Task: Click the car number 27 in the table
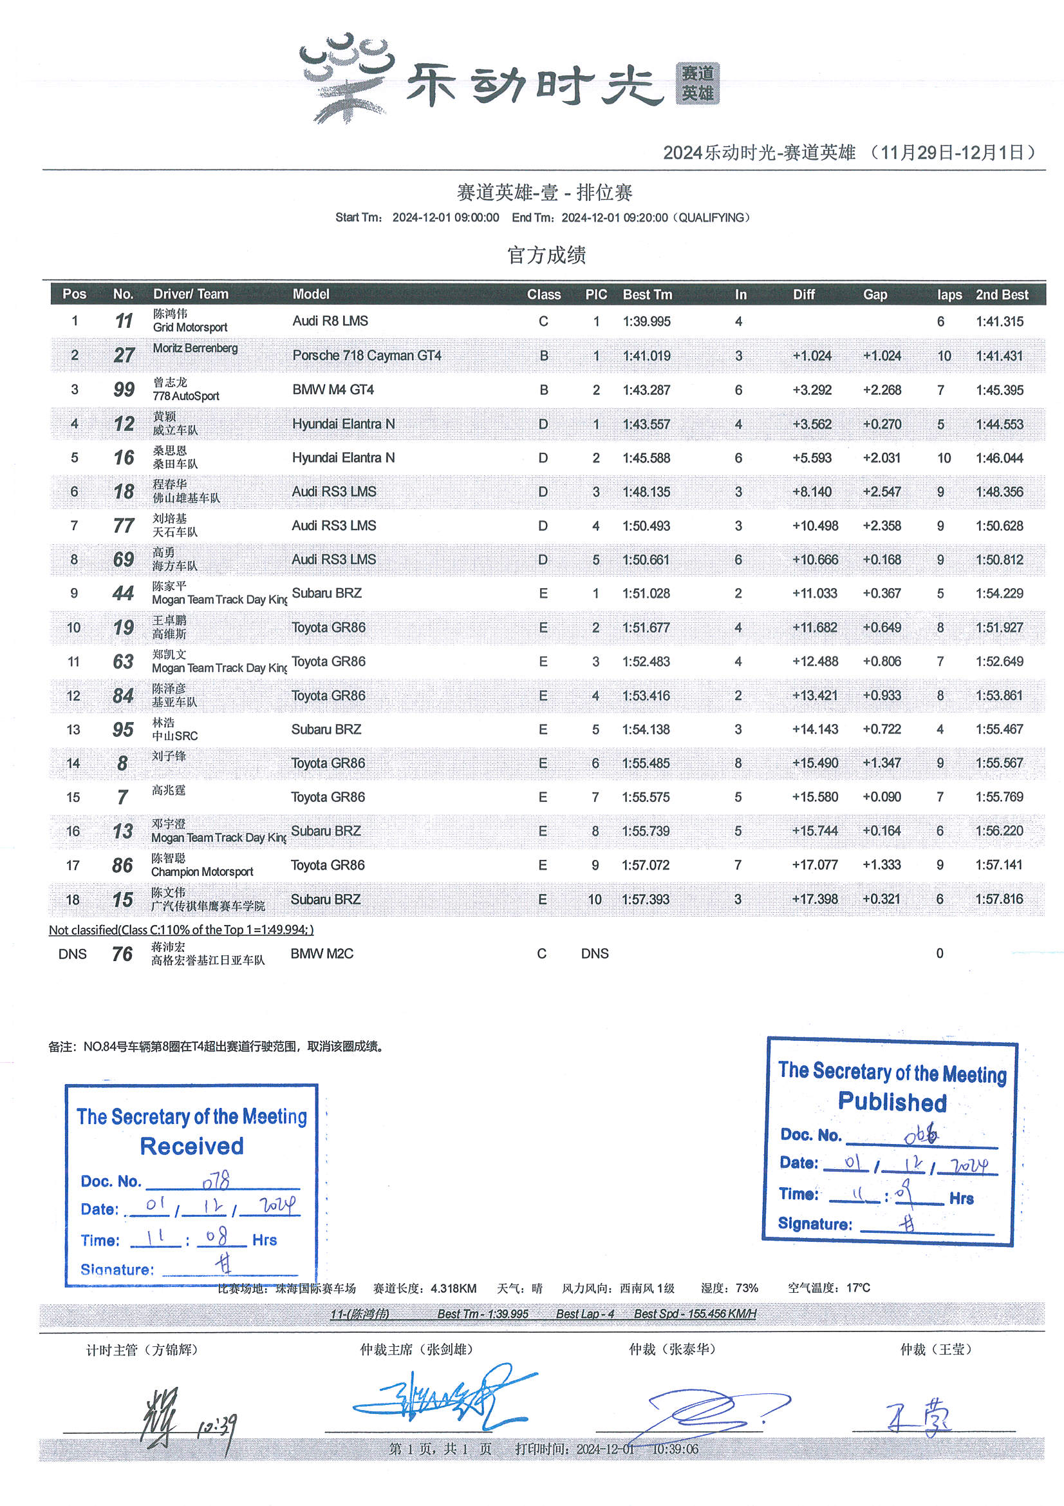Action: [x=123, y=356]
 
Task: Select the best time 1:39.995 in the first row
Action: [x=646, y=321]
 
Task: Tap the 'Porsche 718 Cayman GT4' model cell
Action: [x=366, y=356]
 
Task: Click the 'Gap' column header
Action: [x=875, y=294]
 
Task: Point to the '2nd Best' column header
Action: [x=1001, y=294]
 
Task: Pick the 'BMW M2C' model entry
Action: [x=322, y=954]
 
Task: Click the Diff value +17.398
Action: [x=814, y=899]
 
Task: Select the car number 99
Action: [x=123, y=390]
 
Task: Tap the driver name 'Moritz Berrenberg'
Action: [x=194, y=348]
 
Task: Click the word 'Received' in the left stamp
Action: [x=191, y=1146]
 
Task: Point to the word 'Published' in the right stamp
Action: [x=891, y=1102]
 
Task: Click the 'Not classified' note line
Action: [x=181, y=930]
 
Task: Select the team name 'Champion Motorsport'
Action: [x=202, y=872]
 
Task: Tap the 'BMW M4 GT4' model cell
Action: [x=333, y=390]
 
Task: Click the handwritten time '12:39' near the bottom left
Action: [x=216, y=1425]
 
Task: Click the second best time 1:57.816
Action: [x=999, y=899]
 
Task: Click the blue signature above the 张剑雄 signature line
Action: [x=446, y=1400]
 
